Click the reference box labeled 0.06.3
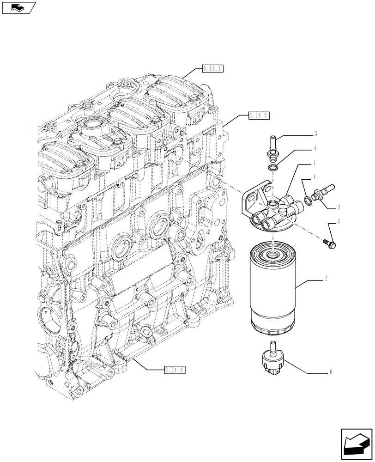212,69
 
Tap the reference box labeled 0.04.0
175,369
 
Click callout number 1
315,163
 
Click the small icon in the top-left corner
18,7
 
